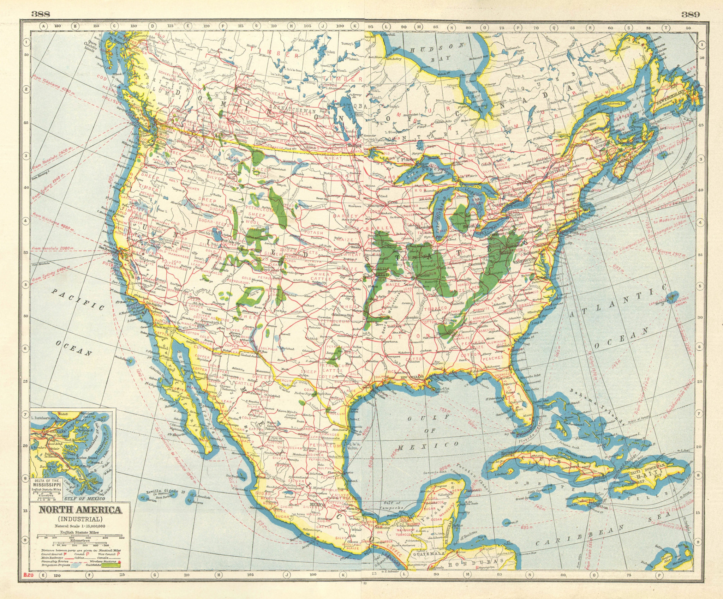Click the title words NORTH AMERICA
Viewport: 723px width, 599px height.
[80, 510]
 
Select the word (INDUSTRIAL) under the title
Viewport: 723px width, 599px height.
[80, 519]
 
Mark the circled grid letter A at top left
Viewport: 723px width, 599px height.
[44, 26]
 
